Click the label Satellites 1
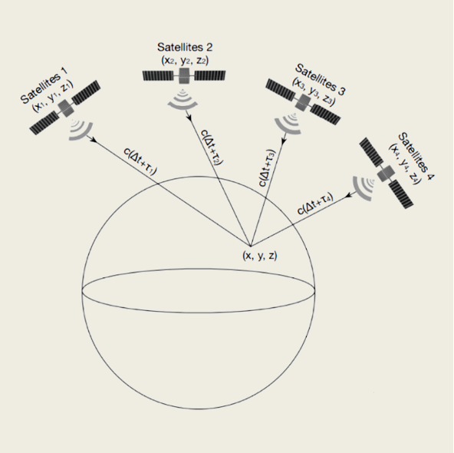(x=44, y=85)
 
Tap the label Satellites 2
(x=185, y=47)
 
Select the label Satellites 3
(x=320, y=79)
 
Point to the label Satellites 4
(x=416, y=156)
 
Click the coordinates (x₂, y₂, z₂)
(x=185, y=61)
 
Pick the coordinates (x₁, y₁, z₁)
(x=52, y=96)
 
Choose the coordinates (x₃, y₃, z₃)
(x=314, y=91)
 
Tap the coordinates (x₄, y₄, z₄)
(x=403, y=164)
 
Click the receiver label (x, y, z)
(x=260, y=256)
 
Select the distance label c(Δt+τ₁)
(x=140, y=161)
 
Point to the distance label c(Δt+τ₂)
(x=212, y=147)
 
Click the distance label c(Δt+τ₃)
(x=267, y=168)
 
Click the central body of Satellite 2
(x=184, y=76)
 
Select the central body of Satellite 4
(x=386, y=174)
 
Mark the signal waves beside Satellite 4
(x=363, y=188)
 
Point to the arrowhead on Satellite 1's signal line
(x=94, y=140)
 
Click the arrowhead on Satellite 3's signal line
(x=284, y=141)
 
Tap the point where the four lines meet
(x=251, y=246)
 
